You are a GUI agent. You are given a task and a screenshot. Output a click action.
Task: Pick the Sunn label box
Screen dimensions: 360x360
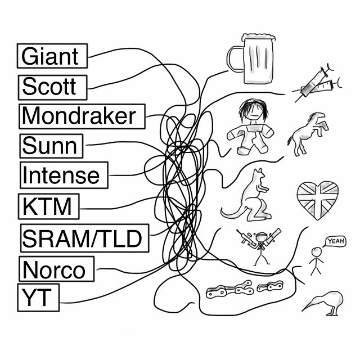coord(50,146)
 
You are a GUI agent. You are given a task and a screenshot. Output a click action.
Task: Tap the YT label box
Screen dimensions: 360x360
coord(38,298)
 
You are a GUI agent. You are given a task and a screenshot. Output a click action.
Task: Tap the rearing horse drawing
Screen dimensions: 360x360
coord(306,133)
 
